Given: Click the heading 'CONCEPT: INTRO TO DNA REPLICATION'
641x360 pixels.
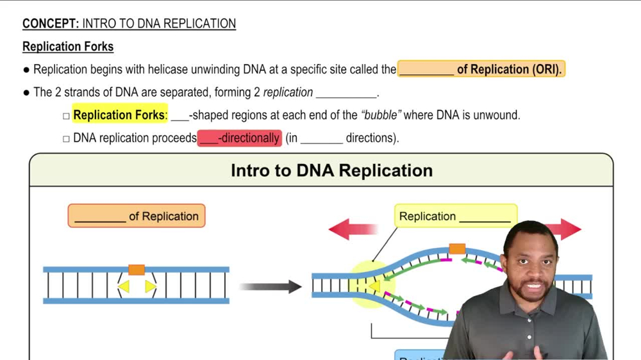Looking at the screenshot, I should pyautogui.click(x=129, y=24).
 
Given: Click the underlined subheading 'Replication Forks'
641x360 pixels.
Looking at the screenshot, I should pyautogui.click(x=68, y=47).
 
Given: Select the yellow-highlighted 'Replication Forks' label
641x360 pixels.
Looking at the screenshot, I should pyautogui.click(x=119, y=115).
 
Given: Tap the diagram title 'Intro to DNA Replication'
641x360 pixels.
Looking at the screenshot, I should pyautogui.click(x=331, y=170).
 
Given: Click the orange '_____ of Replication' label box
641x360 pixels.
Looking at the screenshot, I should pyautogui.click(x=137, y=217).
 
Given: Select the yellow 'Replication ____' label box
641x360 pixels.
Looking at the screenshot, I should pyautogui.click(x=455, y=217).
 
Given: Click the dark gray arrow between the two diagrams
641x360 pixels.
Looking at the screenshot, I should pyautogui.click(x=270, y=286).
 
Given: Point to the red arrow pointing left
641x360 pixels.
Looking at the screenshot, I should pyautogui.click(x=353, y=229).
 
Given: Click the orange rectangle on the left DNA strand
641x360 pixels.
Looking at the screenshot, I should pyautogui.click(x=137, y=270).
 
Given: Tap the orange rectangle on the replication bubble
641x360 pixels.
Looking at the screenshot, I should pyautogui.click(x=457, y=249).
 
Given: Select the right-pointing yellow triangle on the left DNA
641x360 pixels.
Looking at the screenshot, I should pyautogui.click(x=150, y=286).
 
